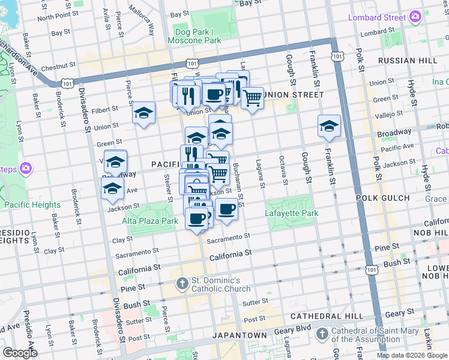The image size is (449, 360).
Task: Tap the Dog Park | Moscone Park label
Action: pyautogui.click(x=197, y=36)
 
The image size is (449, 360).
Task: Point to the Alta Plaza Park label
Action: pyautogui.click(x=151, y=221)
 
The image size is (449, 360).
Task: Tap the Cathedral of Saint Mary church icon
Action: pyautogui.click(x=322, y=333)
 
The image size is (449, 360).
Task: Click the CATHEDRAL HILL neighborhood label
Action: pyautogui.click(x=327, y=316)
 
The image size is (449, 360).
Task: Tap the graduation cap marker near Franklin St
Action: pyautogui.click(x=329, y=126)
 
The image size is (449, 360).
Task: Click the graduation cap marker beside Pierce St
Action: pyautogui.click(x=143, y=113)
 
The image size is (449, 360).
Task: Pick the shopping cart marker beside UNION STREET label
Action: pyautogui.click(x=253, y=97)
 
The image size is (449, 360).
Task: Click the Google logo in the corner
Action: pyautogui.click(x=20, y=353)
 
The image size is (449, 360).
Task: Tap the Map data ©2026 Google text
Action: pyautogui.click(x=412, y=355)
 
